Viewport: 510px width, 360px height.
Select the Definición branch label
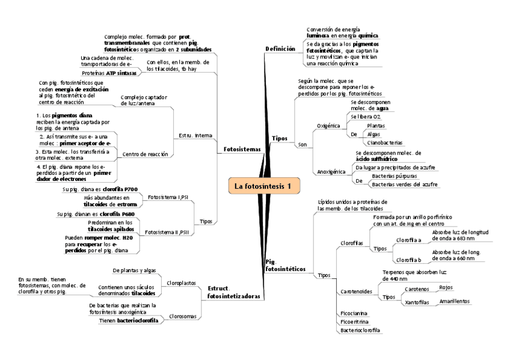[280, 49]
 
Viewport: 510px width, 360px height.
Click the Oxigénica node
[328, 126]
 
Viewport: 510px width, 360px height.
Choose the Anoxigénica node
[331, 171]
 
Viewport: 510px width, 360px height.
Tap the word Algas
[373, 135]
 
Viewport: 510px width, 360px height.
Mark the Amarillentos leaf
[454, 301]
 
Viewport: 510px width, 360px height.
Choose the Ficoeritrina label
[354, 322]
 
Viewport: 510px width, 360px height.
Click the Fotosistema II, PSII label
[167, 231]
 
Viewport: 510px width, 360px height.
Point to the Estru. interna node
[194, 135]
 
